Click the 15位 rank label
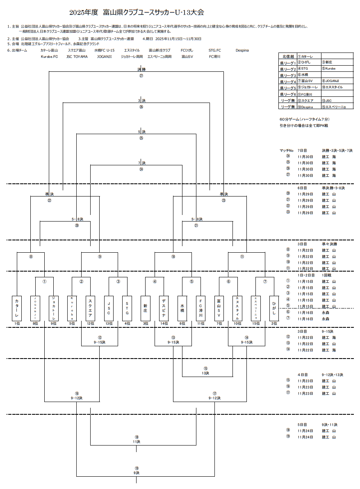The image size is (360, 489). (x=256, y=324)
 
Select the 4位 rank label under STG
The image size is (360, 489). (x=127, y=324)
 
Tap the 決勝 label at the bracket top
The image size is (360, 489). (x=141, y=69)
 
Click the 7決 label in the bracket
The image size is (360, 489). (x=141, y=163)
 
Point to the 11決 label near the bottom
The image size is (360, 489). (x=137, y=442)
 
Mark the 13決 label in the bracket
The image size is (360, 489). (x=205, y=373)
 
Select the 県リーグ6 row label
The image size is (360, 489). (x=287, y=94)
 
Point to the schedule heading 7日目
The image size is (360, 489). (x=302, y=151)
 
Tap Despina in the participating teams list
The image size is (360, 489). (x=242, y=50)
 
